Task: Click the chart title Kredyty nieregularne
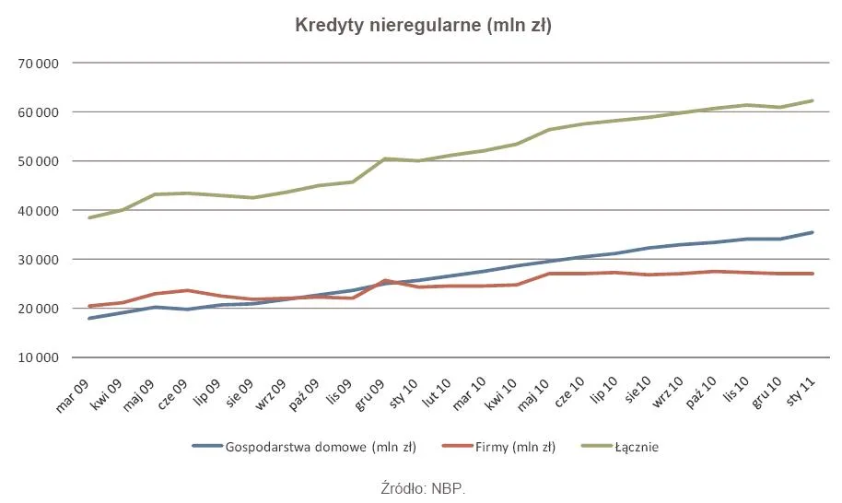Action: click(423, 26)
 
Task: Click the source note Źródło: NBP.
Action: click(423, 487)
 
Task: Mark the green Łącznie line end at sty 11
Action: click(813, 100)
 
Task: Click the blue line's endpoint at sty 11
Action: click(813, 232)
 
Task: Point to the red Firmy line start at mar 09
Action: click(89, 306)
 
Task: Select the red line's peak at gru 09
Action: click(385, 280)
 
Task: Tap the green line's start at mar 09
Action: click(89, 217)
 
